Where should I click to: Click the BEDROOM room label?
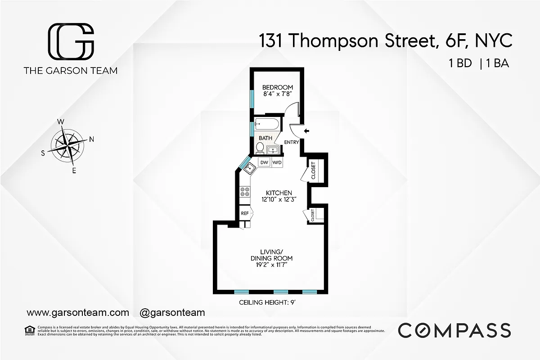click(x=278, y=87)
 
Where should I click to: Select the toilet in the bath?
click(x=260, y=147)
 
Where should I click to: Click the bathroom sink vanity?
click(x=273, y=149)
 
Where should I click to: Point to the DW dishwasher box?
click(x=264, y=162)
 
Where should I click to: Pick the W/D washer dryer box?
click(x=277, y=162)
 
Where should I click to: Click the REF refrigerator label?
click(x=245, y=213)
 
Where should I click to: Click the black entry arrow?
click(x=307, y=131)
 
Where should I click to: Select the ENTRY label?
click(x=292, y=143)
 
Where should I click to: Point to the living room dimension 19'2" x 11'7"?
click(x=271, y=265)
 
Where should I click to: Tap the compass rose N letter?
click(x=91, y=139)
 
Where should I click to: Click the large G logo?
click(x=71, y=42)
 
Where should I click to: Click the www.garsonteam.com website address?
click(x=78, y=312)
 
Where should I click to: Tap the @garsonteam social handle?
click(x=172, y=312)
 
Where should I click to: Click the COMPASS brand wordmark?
click(x=454, y=330)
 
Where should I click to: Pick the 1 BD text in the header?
click(x=460, y=63)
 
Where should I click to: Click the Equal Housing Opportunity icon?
click(x=30, y=330)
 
